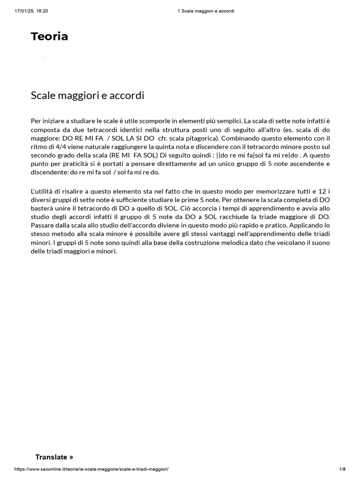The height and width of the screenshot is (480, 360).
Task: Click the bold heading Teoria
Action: point(49,37)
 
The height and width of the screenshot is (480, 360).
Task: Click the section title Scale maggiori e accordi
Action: point(87,96)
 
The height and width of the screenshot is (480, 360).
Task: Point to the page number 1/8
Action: point(342,469)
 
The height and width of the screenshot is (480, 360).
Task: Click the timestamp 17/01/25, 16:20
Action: point(28,11)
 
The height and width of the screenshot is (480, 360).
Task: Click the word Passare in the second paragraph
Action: point(43,226)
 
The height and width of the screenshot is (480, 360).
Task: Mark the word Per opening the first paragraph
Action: point(36,121)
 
